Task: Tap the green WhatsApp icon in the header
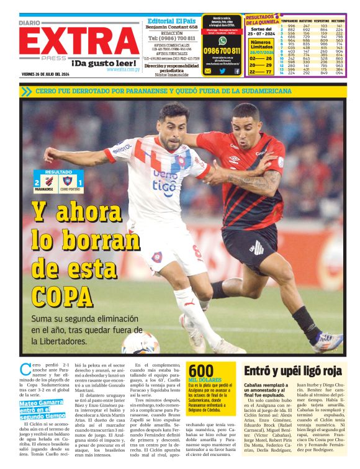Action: [222, 40]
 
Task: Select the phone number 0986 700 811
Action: [222, 51]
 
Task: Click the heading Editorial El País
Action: [171, 20]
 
